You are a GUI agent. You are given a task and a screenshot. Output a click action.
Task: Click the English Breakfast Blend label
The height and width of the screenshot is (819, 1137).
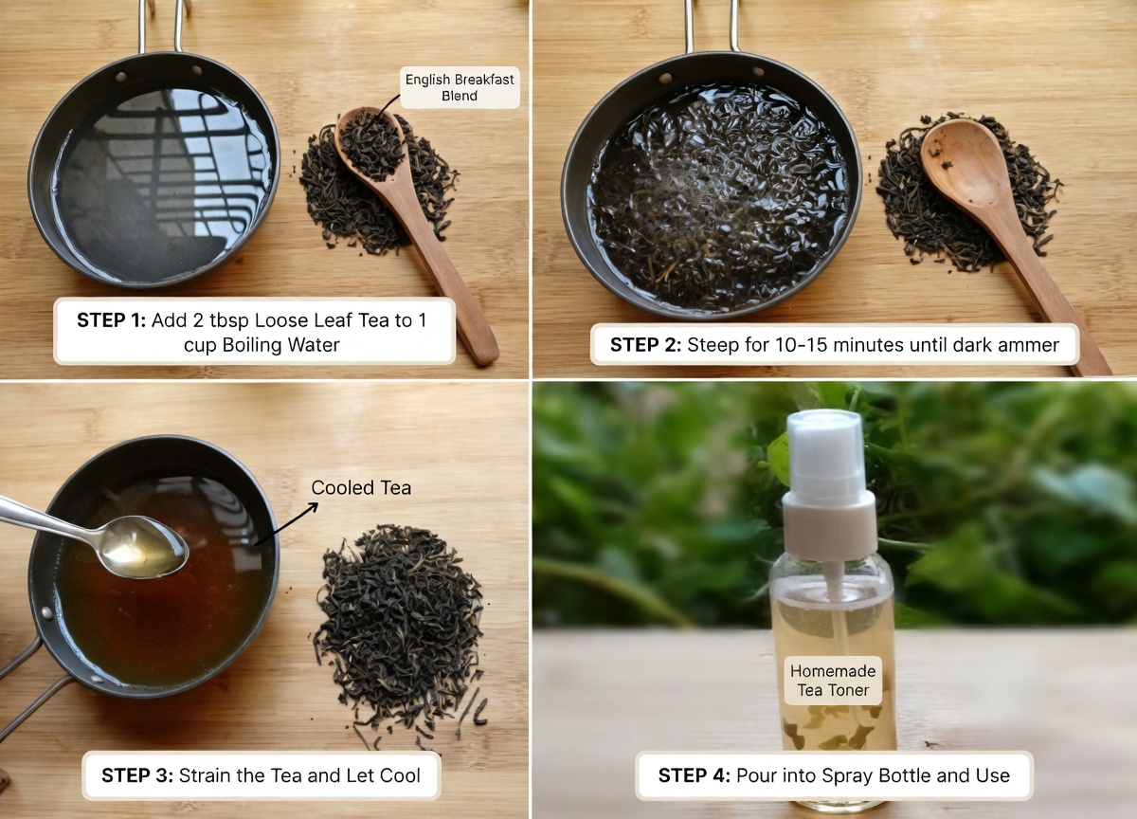click(459, 87)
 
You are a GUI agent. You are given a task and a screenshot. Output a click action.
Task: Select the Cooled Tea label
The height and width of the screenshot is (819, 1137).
click(361, 487)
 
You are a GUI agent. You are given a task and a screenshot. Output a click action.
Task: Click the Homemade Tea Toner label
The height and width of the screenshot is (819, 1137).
click(833, 680)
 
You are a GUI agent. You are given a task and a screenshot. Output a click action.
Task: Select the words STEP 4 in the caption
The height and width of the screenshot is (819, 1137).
click(694, 775)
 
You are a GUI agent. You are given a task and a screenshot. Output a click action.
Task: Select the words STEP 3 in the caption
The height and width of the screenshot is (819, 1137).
click(136, 775)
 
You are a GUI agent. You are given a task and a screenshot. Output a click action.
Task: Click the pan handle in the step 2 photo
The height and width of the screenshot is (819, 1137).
click(710, 25)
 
